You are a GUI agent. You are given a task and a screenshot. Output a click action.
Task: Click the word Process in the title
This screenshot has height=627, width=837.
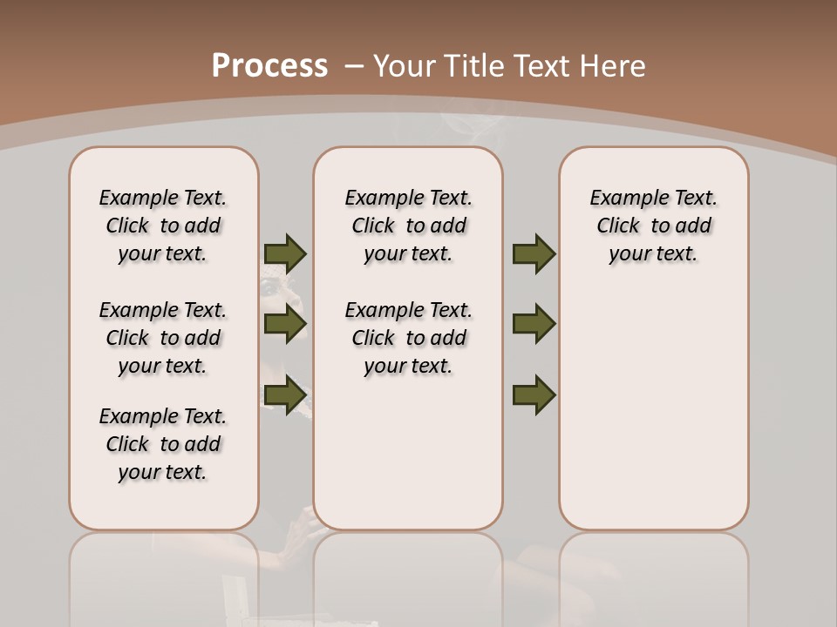click(x=269, y=66)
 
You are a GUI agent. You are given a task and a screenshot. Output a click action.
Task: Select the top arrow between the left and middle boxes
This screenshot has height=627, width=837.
click(x=285, y=253)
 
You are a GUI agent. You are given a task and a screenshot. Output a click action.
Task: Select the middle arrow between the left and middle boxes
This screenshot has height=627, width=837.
click(x=285, y=324)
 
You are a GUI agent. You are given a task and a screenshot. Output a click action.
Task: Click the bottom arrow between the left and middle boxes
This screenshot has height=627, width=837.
click(x=285, y=394)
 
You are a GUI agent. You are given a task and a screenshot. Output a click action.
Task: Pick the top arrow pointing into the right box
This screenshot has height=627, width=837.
click(x=534, y=253)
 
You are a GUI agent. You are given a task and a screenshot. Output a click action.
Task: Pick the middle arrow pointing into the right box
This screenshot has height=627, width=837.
click(x=534, y=324)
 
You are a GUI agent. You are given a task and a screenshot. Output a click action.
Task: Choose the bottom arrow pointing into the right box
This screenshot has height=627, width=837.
click(x=534, y=394)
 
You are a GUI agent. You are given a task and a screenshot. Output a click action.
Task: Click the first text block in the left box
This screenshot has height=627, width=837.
click(x=163, y=226)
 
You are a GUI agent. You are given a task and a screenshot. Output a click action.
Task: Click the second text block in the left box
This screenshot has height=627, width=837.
click(x=163, y=338)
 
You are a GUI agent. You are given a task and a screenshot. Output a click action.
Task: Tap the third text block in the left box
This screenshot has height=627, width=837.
click(x=163, y=444)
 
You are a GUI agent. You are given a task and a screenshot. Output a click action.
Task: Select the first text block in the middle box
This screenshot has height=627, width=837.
click(x=409, y=226)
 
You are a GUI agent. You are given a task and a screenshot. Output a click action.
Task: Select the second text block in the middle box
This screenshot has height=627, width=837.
click(x=409, y=338)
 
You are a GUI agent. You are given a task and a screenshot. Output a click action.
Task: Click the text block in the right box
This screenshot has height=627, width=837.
click(x=654, y=226)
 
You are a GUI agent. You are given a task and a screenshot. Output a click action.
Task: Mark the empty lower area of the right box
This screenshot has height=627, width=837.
click(x=654, y=418)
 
